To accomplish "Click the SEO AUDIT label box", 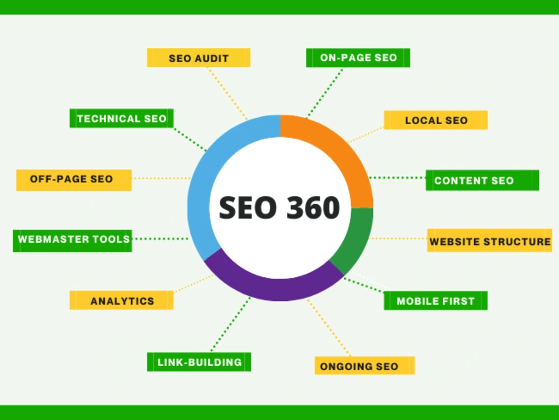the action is [198, 58].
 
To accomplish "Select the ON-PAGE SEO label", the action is [358, 58].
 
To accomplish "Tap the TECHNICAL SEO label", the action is [121, 119].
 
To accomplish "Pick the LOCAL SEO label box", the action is [435, 120].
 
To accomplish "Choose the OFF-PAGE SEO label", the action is [74, 180].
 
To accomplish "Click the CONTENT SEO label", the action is [482, 181].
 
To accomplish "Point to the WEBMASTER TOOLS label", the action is [72, 241].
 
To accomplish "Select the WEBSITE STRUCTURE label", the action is [490, 240].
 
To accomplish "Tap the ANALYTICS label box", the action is [121, 300].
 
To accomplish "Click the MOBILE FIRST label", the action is [435, 300].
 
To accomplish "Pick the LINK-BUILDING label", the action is [199, 362].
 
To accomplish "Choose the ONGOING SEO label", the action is [364, 365].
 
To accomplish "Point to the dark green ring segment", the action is [357, 239].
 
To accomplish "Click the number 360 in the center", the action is [314, 207].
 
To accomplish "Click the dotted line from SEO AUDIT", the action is [228, 93].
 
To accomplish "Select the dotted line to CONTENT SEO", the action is [397, 177].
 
